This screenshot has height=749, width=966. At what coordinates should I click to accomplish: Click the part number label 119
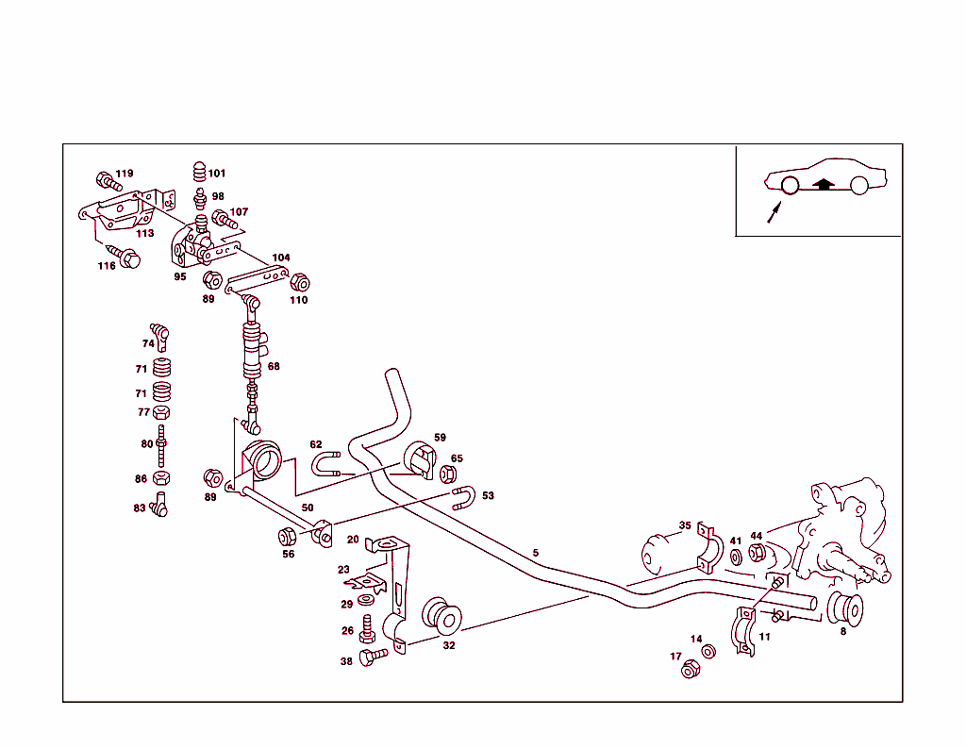[x=124, y=174]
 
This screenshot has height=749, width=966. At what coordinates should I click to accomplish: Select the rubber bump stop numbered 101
[x=199, y=172]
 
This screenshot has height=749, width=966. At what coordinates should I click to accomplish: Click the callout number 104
[x=281, y=258]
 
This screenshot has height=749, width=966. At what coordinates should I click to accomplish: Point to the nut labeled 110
[x=300, y=282]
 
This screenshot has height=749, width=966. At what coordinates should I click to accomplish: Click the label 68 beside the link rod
[x=274, y=366]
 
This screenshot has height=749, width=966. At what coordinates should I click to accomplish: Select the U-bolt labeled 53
[x=463, y=497]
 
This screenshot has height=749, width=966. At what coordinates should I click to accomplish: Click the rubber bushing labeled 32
[x=441, y=617]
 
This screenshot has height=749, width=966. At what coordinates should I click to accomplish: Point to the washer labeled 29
[x=367, y=601]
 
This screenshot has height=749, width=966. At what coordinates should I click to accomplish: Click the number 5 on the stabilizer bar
[x=536, y=553]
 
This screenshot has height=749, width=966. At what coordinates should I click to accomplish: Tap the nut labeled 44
[x=757, y=553]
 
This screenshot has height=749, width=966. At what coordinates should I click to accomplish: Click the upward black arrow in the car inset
[x=824, y=184]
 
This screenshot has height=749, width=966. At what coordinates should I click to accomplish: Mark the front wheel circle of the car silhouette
[x=791, y=186]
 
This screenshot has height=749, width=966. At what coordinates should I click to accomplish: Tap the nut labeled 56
[x=287, y=537]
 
